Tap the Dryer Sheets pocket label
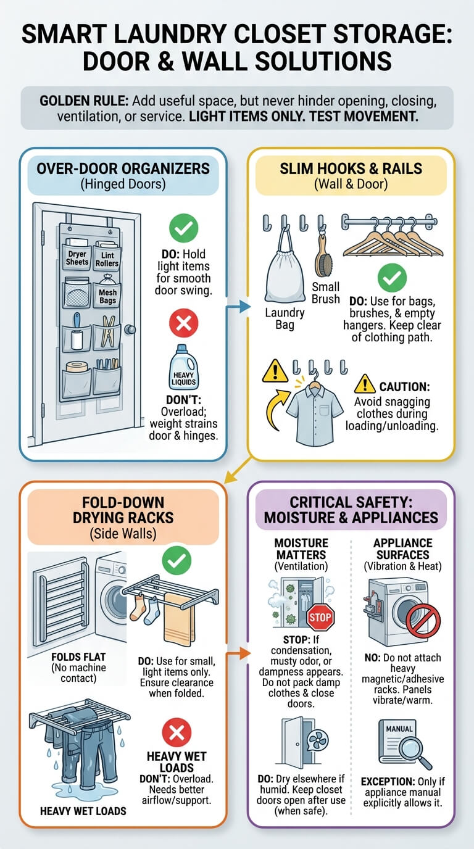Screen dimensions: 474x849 (x=77, y=258)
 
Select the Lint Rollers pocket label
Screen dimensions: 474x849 (x=107, y=260)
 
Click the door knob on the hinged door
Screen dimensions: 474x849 (x=130, y=329)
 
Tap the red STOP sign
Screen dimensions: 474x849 (x=320, y=617)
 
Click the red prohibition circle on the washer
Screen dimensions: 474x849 (x=423, y=621)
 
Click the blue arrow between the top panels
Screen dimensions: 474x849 (x=238, y=306)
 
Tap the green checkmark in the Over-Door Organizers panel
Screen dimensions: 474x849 (x=183, y=228)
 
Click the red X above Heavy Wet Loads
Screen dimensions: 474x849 (x=177, y=732)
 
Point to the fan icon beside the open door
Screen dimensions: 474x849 (x=318, y=739)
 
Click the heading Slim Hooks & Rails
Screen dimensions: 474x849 (x=351, y=168)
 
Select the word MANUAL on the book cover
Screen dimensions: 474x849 (x=399, y=729)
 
